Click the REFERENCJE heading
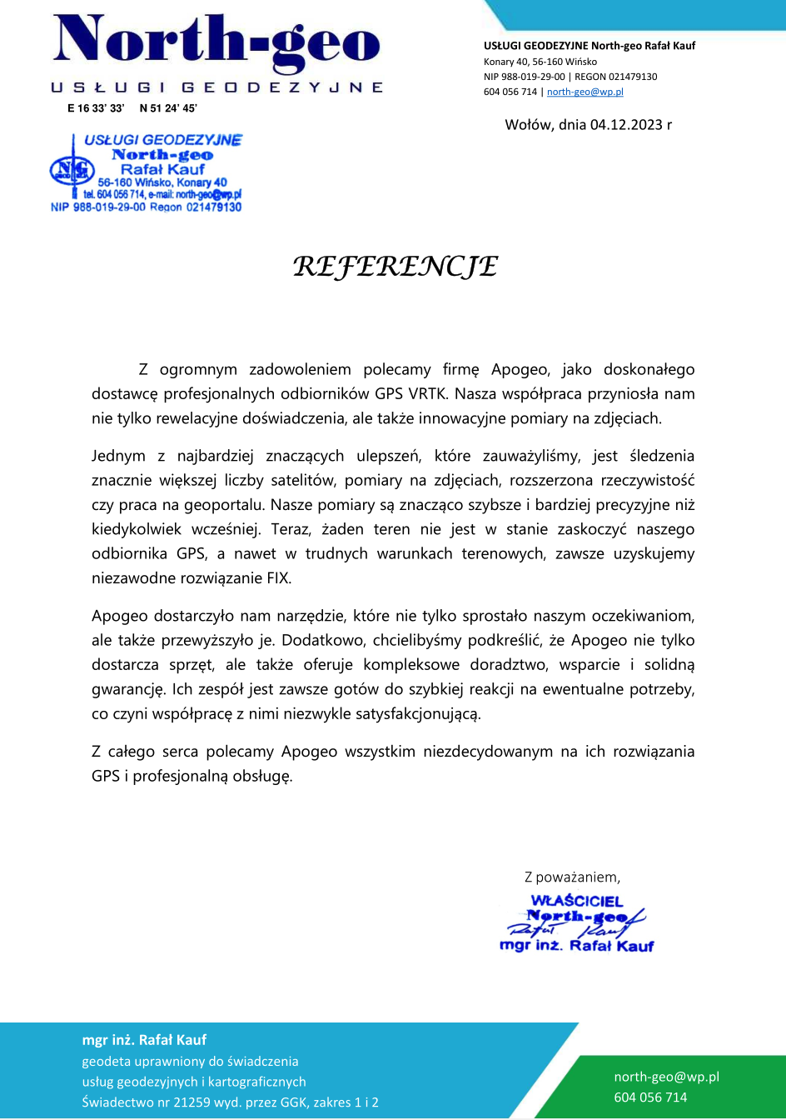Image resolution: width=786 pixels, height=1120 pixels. pos(395,267)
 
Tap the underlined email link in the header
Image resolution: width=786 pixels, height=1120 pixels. pos(585,92)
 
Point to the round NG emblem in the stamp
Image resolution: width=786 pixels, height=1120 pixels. pos(67,171)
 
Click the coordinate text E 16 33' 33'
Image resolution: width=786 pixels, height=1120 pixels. pos(96,108)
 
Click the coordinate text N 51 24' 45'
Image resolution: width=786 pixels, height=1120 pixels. pos(168,108)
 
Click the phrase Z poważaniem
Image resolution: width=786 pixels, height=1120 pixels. pos(572,877)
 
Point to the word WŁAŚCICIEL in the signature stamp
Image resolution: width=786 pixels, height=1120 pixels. pos(577,901)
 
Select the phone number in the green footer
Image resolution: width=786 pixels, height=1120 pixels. pos(650,1097)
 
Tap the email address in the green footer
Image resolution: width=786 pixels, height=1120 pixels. pos(666,1077)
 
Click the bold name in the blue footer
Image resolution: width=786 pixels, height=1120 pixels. pos(144,1040)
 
